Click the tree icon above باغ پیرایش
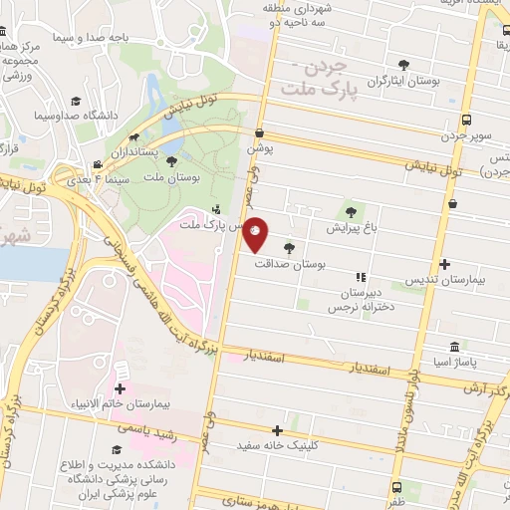(x=349, y=210)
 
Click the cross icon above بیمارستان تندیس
(x=445, y=264)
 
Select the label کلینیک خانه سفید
(x=292, y=447)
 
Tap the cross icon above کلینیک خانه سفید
(x=291, y=429)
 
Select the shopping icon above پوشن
(x=260, y=131)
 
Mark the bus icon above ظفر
(x=398, y=488)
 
